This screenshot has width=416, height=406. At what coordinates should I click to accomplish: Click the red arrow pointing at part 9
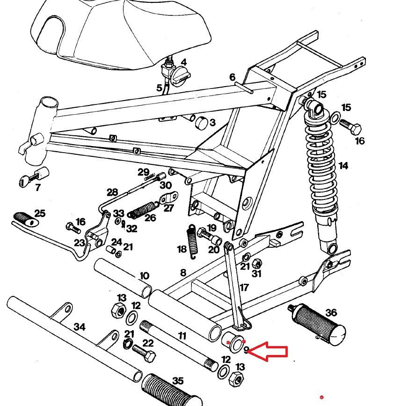click(268, 351)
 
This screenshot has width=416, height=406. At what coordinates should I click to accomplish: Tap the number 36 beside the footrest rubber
click(331, 312)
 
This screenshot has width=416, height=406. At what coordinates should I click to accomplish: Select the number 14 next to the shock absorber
click(343, 166)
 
